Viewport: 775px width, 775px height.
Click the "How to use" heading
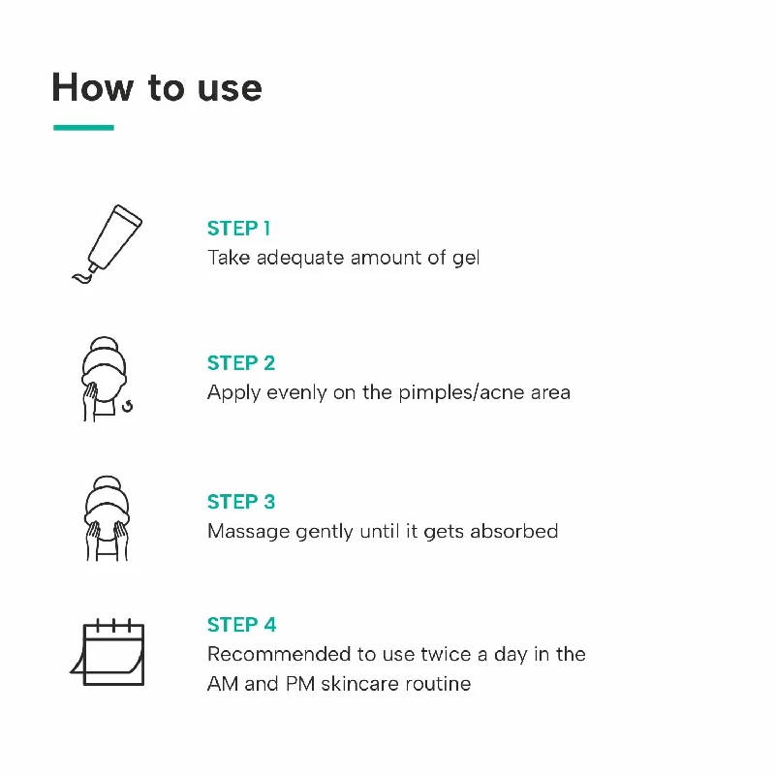[156, 87]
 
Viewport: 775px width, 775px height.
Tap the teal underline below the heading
[83, 127]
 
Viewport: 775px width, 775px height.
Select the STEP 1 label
[238, 229]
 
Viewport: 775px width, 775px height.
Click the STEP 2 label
[241, 363]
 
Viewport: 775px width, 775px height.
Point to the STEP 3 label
[241, 502]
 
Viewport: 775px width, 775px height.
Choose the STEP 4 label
[241, 625]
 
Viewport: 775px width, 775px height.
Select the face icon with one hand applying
[105, 379]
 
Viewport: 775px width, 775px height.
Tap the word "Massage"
[246, 531]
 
